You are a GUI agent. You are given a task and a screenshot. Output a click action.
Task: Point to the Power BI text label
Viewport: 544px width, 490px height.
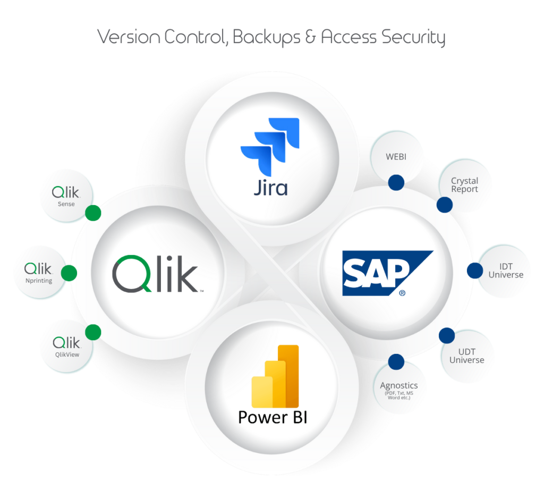272,417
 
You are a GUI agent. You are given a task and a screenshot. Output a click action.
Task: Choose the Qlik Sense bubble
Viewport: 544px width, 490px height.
66,196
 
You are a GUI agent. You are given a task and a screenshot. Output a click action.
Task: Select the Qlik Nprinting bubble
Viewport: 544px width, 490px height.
39,272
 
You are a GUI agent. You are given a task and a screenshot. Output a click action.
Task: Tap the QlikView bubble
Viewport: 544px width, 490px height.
66,346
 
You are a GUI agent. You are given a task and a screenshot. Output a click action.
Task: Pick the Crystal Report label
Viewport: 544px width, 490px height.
464,185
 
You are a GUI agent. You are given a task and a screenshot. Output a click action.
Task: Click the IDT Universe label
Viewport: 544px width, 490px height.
505,271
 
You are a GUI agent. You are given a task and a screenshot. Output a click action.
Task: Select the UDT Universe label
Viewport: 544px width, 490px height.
466,356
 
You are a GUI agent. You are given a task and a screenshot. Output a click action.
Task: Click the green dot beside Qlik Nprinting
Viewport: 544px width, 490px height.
69,274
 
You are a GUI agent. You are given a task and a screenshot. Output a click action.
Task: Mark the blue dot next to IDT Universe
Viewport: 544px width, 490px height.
475,271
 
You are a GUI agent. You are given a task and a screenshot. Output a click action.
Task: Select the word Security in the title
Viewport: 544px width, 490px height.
416,37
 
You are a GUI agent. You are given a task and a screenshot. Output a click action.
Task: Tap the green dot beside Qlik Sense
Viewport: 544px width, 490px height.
93,213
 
